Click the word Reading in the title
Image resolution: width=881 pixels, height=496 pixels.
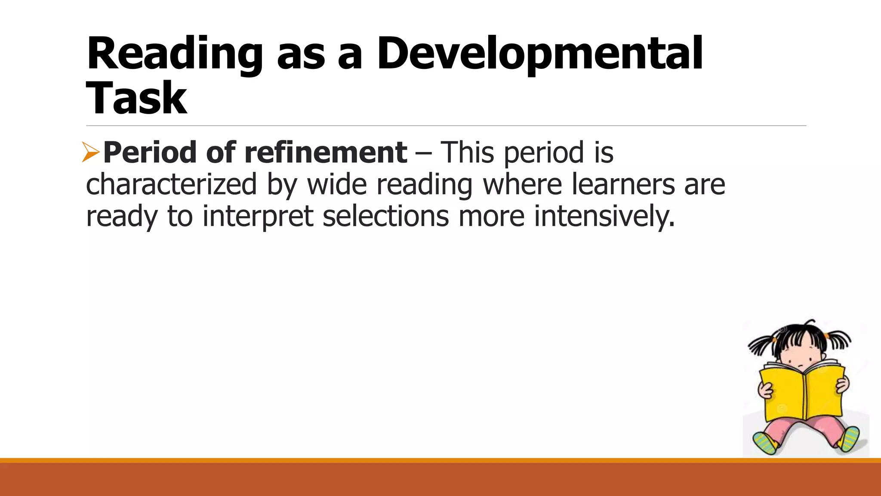pos(174,54)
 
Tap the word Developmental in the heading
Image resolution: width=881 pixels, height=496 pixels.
pos(539,54)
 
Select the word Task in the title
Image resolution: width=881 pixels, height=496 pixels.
pos(136,98)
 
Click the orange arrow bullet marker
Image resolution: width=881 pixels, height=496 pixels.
pos(91,153)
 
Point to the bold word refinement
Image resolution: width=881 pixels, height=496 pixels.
pos(326,153)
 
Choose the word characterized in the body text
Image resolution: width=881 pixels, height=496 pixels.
pos(171,184)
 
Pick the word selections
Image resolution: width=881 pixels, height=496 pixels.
pos(385,216)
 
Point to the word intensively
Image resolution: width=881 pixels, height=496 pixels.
pos(604,216)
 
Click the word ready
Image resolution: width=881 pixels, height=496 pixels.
pos(122,216)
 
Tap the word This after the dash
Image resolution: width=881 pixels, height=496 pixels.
pos(468,153)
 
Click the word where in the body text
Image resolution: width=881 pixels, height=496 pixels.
pos(522,184)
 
